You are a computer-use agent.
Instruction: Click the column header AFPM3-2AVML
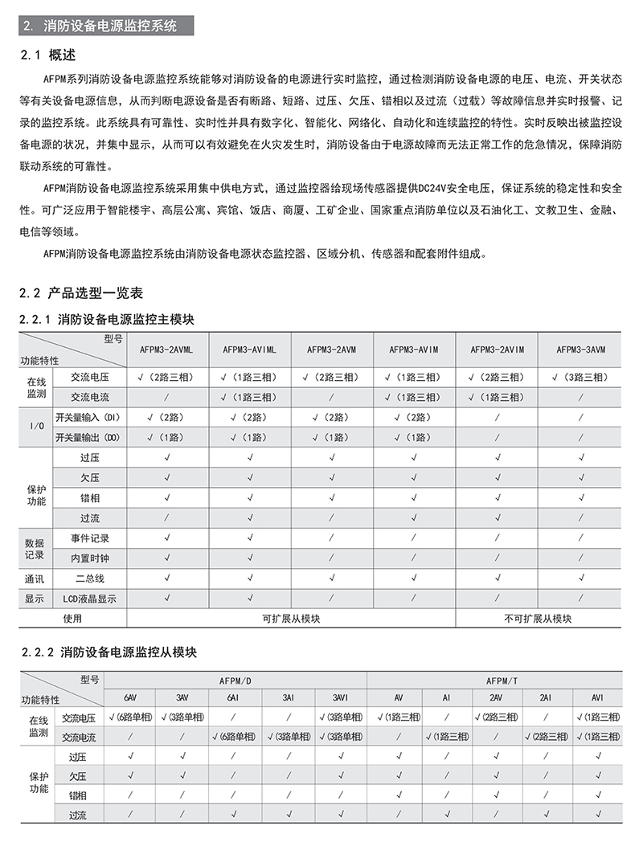166,349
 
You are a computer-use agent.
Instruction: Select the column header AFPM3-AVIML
249,349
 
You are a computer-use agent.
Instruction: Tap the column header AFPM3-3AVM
581,349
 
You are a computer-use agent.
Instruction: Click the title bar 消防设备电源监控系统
106,26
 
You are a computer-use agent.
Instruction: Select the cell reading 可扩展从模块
290,619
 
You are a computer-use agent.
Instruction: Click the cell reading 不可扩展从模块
538,619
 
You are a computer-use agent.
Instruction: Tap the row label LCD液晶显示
90,599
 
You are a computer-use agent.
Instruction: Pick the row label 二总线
90,578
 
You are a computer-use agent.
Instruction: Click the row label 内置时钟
90,558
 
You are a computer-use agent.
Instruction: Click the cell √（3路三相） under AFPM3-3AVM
581,377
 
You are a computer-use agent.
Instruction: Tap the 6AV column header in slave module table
130,697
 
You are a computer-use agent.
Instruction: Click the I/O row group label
35,427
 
